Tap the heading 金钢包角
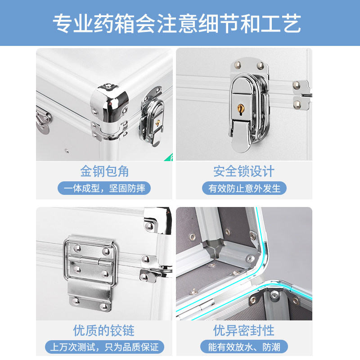point(104,171)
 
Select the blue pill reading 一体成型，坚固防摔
point(104,188)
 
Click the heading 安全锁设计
point(243,171)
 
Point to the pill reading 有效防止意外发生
point(244,188)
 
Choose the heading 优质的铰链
point(104,330)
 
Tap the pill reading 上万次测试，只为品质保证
point(104,347)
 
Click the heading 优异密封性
point(243,330)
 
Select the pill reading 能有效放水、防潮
point(244,347)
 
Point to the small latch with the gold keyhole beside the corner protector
point(153,119)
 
